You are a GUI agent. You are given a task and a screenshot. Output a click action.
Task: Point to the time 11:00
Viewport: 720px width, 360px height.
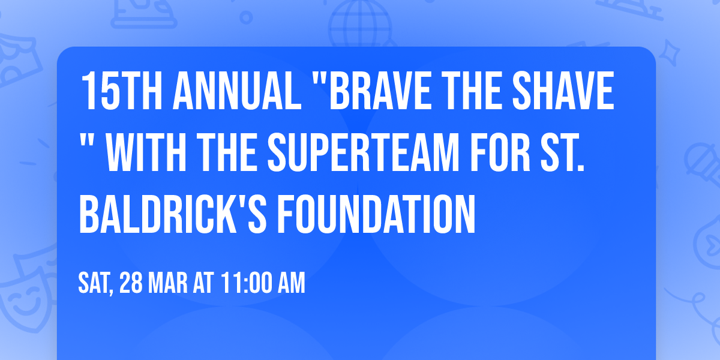tap(245, 283)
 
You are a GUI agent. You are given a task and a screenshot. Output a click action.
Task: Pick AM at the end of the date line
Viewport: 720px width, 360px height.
tap(290, 283)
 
